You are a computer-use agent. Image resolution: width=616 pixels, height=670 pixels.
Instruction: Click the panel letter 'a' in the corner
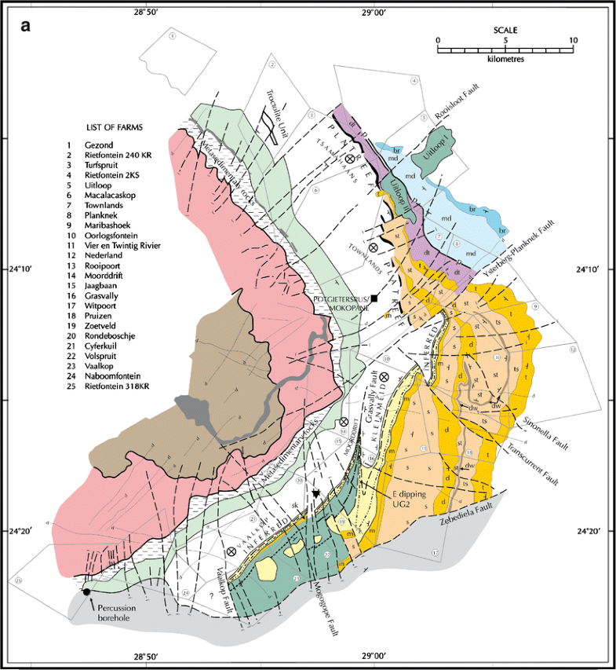[26, 26]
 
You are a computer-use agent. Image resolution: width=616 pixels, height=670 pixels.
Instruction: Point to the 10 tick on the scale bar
[573, 41]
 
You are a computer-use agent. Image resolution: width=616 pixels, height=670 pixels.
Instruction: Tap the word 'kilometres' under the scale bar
[506, 59]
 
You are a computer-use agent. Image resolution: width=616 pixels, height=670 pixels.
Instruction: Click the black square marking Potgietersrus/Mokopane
[375, 298]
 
